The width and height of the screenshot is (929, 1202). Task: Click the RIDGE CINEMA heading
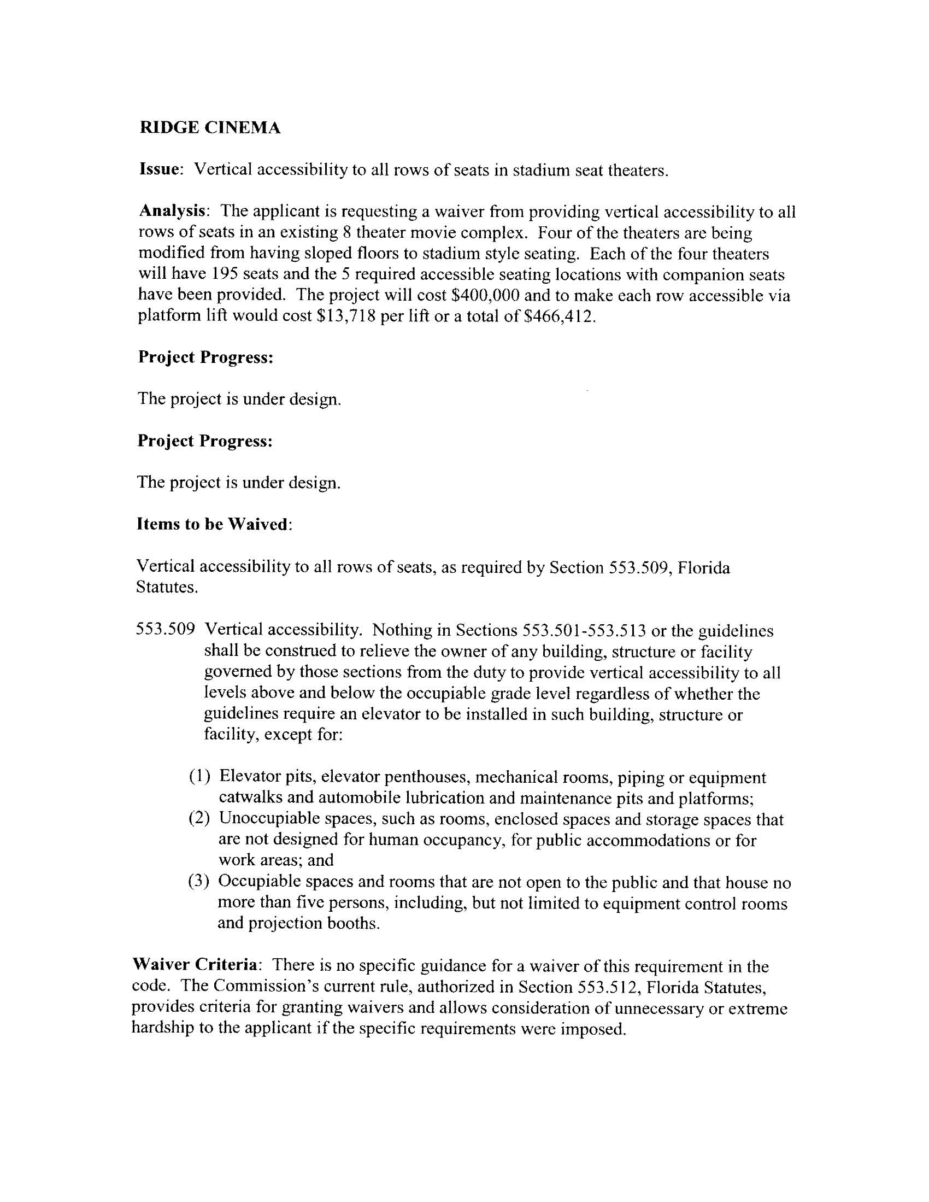pos(210,128)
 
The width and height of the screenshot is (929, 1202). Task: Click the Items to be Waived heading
pos(213,524)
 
